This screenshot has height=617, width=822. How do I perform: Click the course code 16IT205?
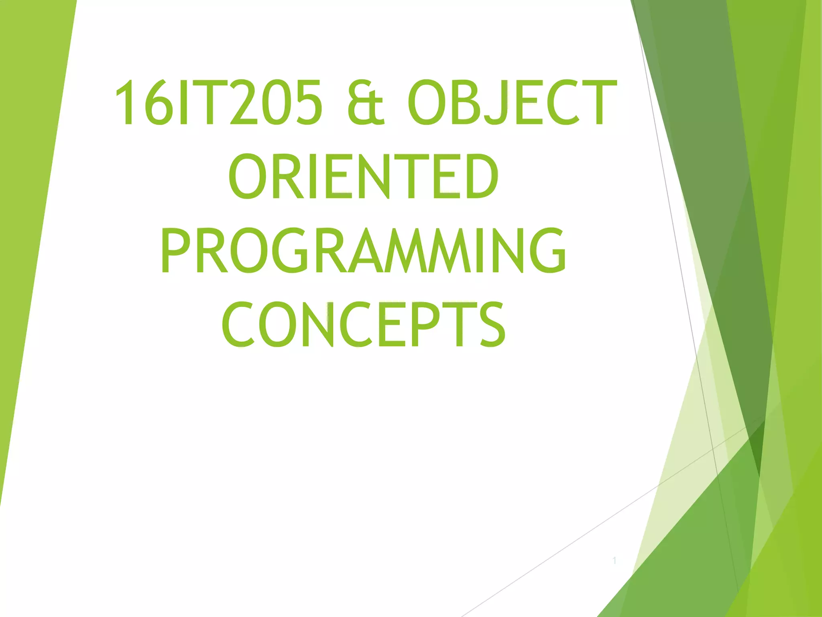(218, 102)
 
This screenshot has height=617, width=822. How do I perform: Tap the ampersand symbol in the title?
(366, 102)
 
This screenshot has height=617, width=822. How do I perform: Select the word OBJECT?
(512, 102)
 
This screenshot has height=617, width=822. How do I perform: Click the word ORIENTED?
(364, 177)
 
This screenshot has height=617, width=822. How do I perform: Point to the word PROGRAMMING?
(364, 251)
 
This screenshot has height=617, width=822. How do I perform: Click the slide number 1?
(614, 561)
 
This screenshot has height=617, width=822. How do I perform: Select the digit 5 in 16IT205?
(308, 102)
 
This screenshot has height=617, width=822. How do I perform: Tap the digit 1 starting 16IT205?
(129, 102)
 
